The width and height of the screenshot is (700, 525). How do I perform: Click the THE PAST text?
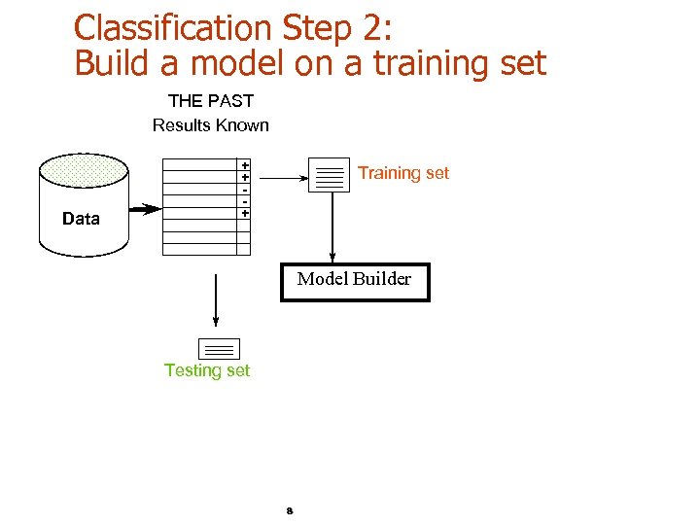point(211,100)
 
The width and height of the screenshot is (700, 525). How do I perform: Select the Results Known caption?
point(211,124)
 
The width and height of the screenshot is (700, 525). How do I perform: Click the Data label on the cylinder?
point(81,219)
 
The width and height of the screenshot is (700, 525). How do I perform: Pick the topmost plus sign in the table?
point(245,166)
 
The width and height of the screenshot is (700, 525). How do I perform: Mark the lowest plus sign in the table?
point(245,212)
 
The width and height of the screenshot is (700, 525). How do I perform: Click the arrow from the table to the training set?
point(284,178)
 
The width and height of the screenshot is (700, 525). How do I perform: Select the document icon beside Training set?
point(330,175)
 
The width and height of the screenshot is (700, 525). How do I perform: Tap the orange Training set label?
point(403,173)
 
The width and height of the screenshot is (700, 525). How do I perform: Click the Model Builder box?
point(355,281)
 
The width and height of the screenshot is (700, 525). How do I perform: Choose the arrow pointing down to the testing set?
point(215,301)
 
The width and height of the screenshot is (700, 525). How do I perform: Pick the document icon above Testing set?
point(219,348)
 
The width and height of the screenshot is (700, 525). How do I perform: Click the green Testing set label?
point(207,370)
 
